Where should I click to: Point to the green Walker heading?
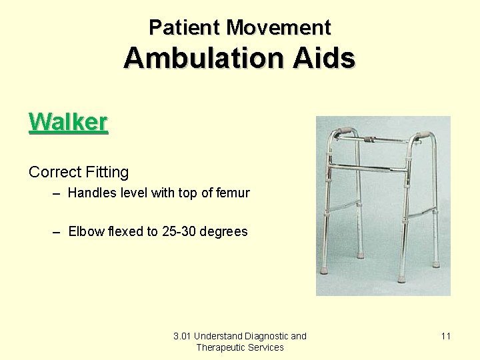pos(68,122)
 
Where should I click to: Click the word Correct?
pos(55,172)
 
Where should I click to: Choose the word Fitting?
pos(107,172)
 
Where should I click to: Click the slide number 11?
pos(445,336)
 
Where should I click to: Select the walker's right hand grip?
pos(421,135)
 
